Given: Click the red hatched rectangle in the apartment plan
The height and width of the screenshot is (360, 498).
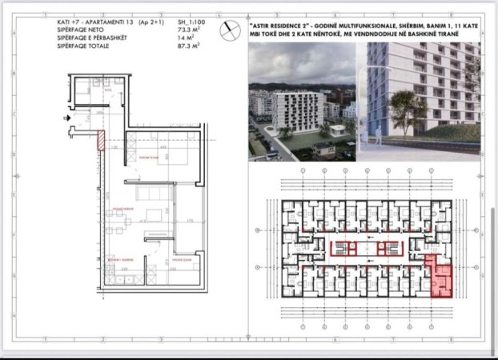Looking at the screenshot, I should click(101, 140).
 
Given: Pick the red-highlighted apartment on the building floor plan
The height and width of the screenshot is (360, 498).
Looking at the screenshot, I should click(442, 278).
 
